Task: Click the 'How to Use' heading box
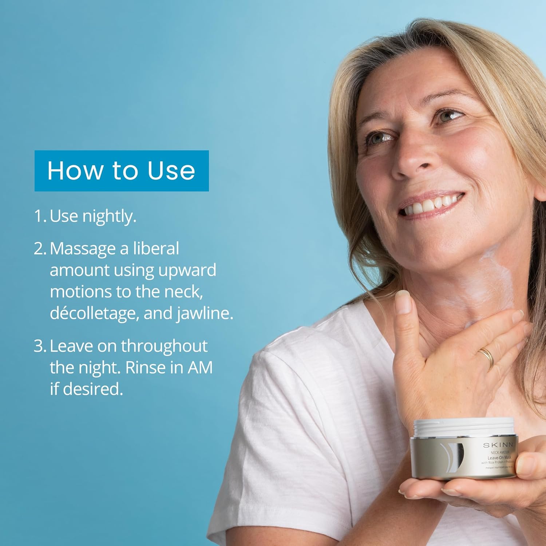pyautogui.click(x=122, y=171)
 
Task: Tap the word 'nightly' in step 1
pyautogui.click(x=109, y=216)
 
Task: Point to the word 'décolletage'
pyautogui.click(x=94, y=313)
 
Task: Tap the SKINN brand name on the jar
pyautogui.click(x=498, y=445)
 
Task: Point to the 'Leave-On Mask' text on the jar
pyautogui.click(x=499, y=458)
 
